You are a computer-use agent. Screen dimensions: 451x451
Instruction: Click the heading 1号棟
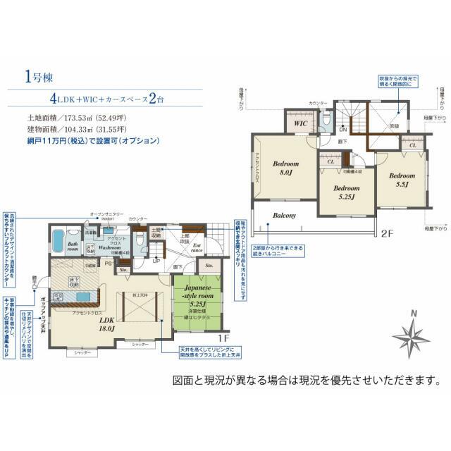(x=35, y=75)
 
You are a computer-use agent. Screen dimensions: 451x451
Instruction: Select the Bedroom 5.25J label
(x=347, y=192)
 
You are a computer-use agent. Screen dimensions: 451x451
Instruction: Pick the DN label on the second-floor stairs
(x=342, y=130)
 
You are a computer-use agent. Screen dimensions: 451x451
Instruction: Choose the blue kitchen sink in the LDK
(x=82, y=297)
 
